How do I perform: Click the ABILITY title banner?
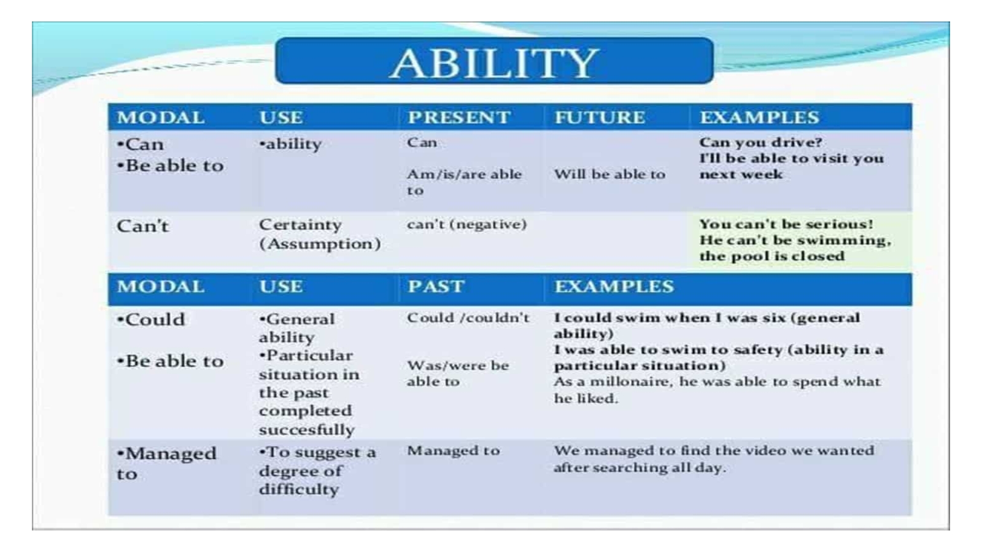(x=494, y=61)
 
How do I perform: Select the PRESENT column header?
(x=459, y=117)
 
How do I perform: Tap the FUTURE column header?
(x=600, y=117)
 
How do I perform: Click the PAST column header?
(x=436, y=286)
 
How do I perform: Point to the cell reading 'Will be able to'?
(x=609, y=174)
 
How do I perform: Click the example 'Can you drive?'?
(x=760, y=142)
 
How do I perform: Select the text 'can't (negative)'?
(x=466, y=224)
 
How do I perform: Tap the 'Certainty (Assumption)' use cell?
(x=320, y=234)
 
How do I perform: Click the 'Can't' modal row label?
(x=142, y=226)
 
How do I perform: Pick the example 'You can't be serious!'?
(x=786, y=224)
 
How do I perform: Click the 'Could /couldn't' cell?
(x=468, y=318)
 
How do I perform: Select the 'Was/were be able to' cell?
(x=458, y=374)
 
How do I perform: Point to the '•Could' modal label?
(x=151, y=320)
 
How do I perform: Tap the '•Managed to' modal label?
(x=166, y=464)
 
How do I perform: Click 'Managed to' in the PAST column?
(x=454, y=451)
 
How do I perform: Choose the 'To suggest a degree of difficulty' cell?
(x=317, y=471)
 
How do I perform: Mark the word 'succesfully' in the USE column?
(x=306, y=430)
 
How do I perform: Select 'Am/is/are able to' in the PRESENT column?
(x=464, y=182)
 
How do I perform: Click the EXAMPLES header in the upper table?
(x=759, y=117)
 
